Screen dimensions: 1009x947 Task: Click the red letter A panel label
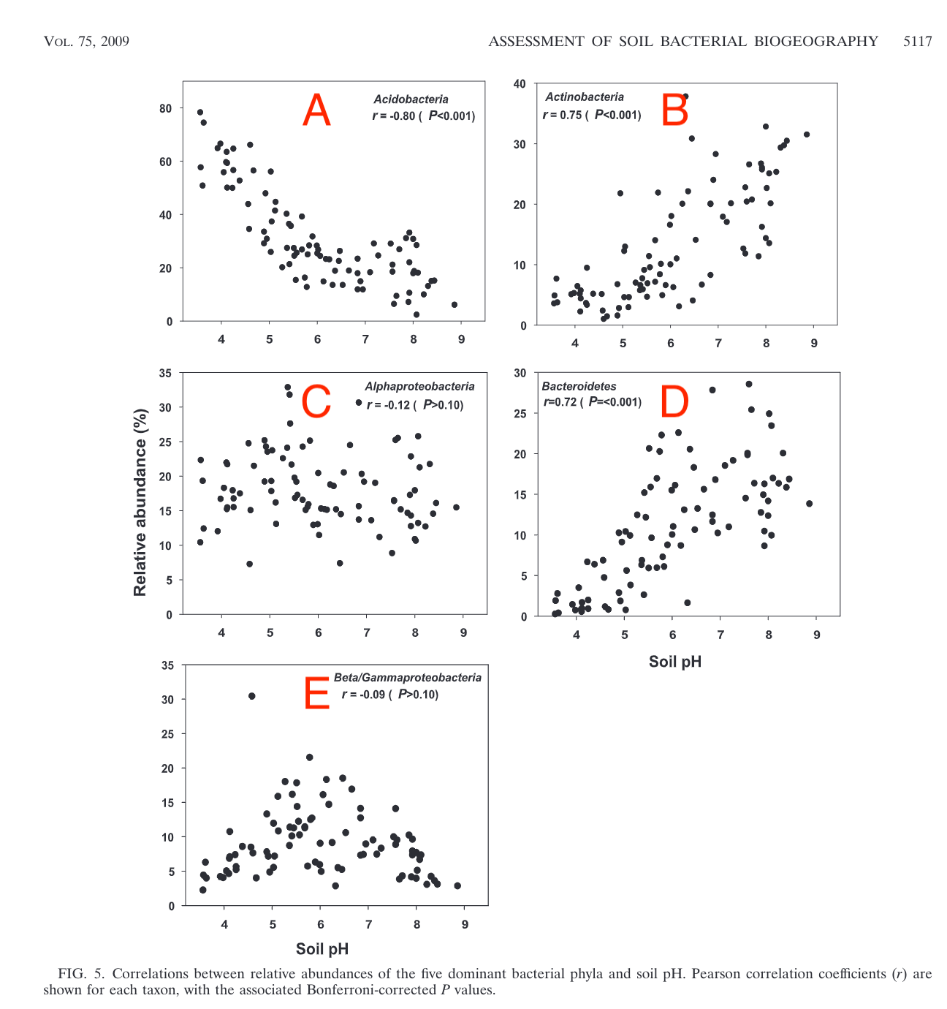tap(317, 111)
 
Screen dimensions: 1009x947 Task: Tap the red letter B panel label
tap(674, 111)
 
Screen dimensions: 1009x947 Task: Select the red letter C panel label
tap(316, 401)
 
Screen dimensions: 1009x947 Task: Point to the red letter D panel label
tap(674, 401)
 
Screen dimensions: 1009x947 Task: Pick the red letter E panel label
tap(317, 694)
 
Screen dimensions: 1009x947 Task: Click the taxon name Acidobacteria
tap(411, 99)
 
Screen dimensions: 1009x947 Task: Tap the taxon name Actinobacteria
tap(585, 97)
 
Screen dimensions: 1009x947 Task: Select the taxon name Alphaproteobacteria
tap(419, 387)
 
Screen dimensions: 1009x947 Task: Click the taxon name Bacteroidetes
tap(579, 386)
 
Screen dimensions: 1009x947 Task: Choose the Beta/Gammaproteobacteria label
tap(408, 678)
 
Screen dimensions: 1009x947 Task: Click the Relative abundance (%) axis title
tap(140, 502)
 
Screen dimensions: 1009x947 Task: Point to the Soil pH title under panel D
tap(674, 662)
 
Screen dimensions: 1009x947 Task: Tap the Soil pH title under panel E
tap(322, 949)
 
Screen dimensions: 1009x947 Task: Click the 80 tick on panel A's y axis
tap(166, 108)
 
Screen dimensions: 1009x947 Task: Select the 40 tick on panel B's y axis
tap(520, 84)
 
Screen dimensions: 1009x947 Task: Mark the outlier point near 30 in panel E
tap(252, 696)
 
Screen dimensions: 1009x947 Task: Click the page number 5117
tap(917, 42)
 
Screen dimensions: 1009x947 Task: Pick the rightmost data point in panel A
tap(455, 304)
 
